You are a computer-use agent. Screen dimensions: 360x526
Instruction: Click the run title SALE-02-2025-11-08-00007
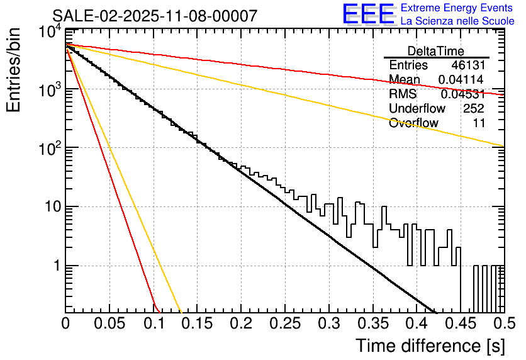(x=154, y=16)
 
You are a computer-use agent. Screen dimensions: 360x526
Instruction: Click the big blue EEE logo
(x=368, y=14)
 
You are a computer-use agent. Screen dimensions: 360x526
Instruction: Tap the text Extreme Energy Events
(x=457, y=8)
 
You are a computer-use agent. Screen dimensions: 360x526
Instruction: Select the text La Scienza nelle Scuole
(x=457, y=21)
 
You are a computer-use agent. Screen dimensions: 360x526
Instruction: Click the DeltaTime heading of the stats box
(x=436, y=51)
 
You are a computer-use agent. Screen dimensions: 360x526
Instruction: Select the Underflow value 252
(x=473, y=109)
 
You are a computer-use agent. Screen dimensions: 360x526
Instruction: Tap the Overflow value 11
(x=479, y=123)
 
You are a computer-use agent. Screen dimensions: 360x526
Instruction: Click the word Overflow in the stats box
(x=413, y=123)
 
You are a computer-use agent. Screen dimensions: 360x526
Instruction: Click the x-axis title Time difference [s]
(x=430, y=346)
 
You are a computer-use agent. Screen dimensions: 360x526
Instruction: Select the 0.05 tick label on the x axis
(x=109, y=324)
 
